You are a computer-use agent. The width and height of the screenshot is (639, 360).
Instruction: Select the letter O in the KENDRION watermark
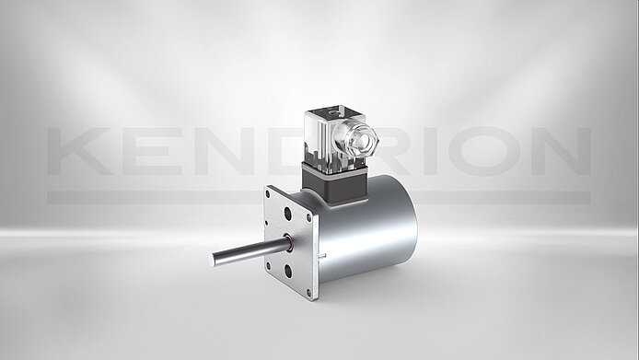(x=483, y=151)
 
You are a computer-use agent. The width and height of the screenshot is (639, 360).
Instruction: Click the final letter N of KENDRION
(x=561, y=151)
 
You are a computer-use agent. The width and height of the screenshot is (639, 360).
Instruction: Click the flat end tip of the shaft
(x=212, y=260)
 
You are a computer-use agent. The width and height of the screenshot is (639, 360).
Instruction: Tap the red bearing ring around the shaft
(x=287, y=243)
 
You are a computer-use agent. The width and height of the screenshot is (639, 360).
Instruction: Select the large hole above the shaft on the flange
(x=287, y=214)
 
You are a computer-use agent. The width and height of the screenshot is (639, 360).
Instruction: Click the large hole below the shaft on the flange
(x=288, y=271)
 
